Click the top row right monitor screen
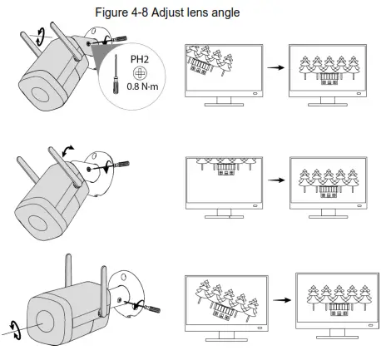pos(323,68)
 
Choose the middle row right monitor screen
pos(323,181)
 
